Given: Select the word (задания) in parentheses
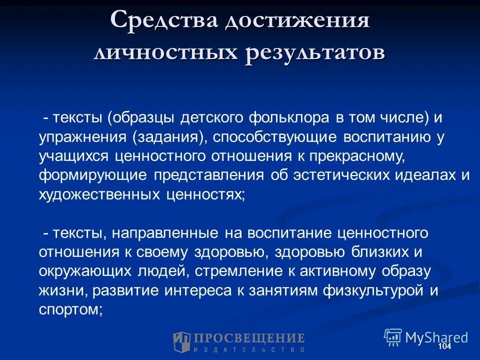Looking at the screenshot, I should (168, 137).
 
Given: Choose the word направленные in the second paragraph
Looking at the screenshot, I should (165, 233).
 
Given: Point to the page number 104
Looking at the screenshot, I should (444, 346).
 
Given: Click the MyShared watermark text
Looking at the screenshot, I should (436, 337).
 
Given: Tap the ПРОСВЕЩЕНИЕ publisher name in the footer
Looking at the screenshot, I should (249, 338).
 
